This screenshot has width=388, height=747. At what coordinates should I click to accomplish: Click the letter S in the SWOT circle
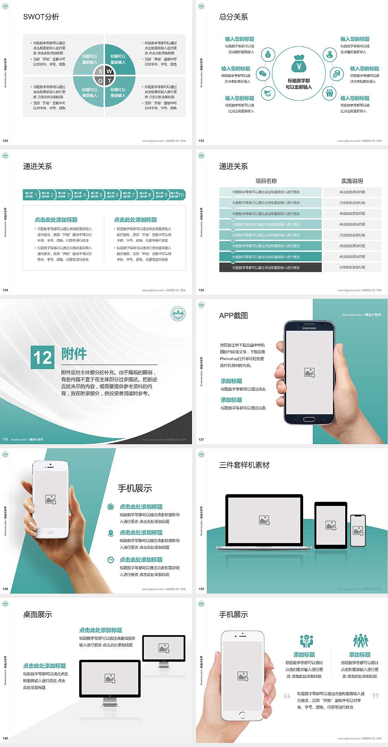(101, 71)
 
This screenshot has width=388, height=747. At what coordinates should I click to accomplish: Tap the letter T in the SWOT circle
(109, 81)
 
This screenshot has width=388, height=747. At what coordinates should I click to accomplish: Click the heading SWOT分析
(41, 17)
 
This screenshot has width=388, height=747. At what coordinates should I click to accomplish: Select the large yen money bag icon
(299, 64)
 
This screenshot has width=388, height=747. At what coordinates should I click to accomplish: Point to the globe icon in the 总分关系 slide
(330, 55)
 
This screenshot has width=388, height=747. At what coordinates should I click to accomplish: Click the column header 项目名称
(266, 181)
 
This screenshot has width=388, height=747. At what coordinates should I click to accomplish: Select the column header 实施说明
(352, 181)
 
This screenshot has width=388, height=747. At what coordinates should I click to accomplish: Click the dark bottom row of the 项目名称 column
(270, 267)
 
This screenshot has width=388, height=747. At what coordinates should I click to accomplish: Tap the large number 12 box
(42, 357)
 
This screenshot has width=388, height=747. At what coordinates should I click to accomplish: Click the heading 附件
(74, 354)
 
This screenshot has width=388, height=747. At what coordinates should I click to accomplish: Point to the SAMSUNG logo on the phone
(309, 328)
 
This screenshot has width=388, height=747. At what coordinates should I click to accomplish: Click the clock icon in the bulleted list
(111, 560)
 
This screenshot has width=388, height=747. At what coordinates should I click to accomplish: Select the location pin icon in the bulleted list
(111, 533)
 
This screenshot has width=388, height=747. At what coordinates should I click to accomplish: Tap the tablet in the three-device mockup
(331, 525)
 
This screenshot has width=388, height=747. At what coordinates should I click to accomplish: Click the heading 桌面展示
(38, 615)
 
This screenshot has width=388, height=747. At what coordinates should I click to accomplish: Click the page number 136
(5, 439)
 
